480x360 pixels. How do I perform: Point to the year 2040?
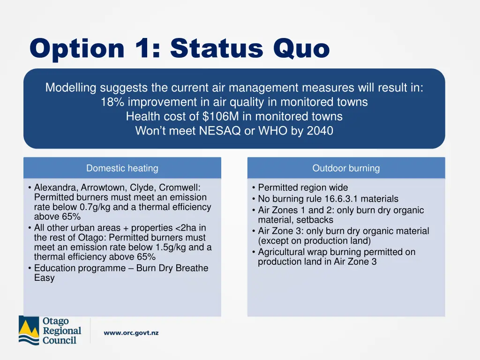click(x=320, y=131)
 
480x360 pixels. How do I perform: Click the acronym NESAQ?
click(x=220, y=131)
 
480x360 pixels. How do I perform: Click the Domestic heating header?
click(x=122, y=168)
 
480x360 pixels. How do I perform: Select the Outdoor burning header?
click(x=346, y=168)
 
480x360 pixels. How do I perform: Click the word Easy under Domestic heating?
click(x=44, y=278)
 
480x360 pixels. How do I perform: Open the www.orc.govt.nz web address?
click(x=131, y=333)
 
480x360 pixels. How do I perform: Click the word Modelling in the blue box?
click(x=71, y=88)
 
